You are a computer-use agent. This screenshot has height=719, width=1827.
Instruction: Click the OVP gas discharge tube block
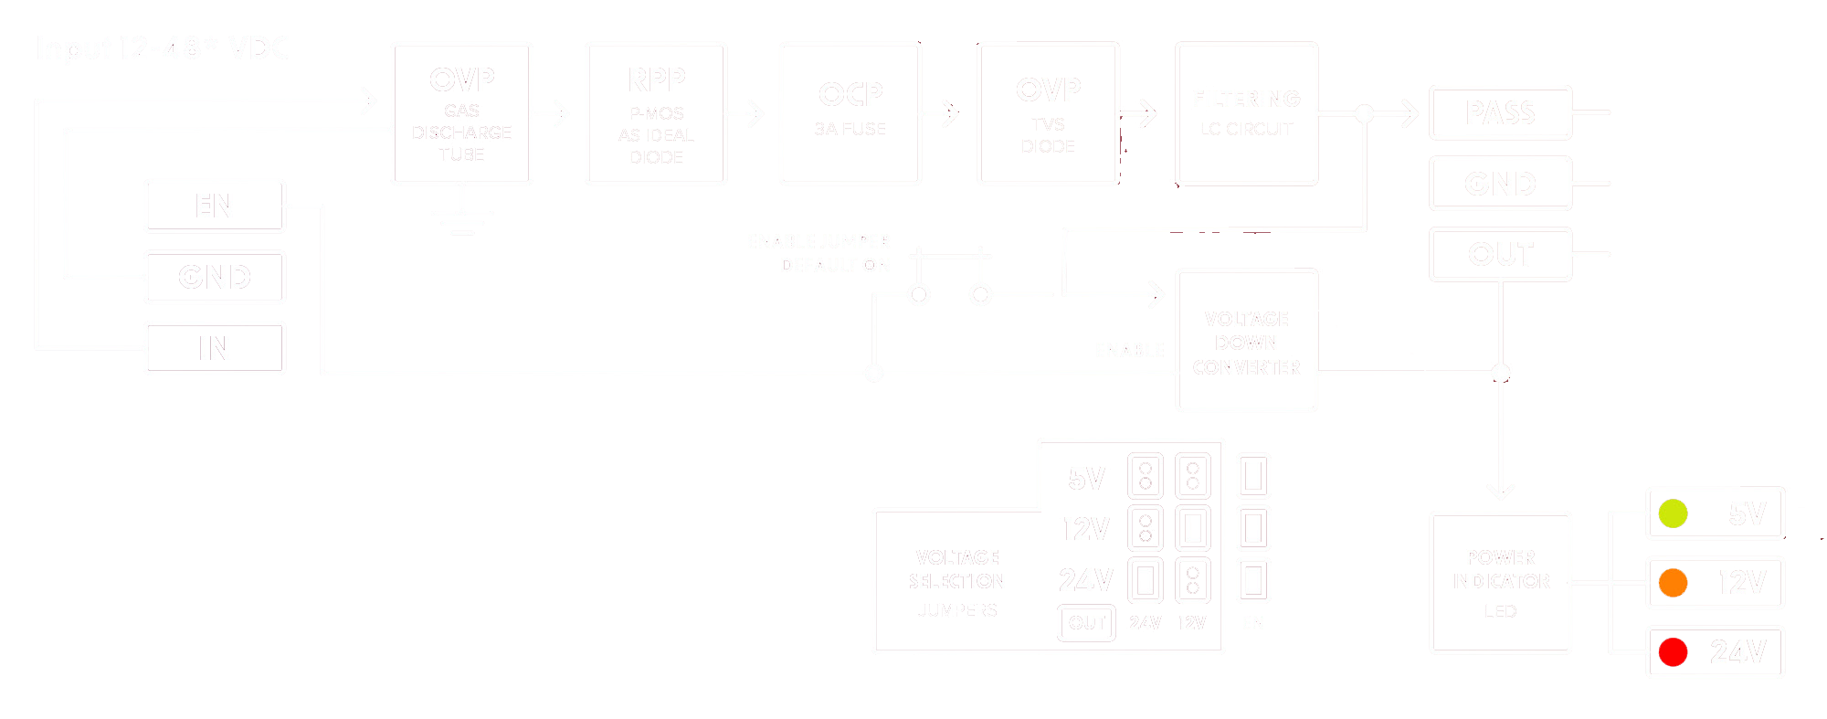(x=462, y=113)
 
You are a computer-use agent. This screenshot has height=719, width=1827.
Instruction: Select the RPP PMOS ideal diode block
(x=657, y=113)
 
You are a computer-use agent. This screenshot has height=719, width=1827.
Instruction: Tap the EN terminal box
(x=215, y=206)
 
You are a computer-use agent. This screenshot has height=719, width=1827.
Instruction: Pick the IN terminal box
(x=215, y=347)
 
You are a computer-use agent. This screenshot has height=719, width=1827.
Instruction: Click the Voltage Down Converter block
(x=1247, y=342)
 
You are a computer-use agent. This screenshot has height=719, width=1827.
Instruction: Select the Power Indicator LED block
(x=1501, y=583)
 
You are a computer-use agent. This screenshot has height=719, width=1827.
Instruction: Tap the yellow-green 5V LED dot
(x=1673, y=513)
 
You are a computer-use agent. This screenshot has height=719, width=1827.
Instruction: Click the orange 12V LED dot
(x=1673, y=583)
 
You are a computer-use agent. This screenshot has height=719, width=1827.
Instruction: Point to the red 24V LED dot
(x=1673, y=652)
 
